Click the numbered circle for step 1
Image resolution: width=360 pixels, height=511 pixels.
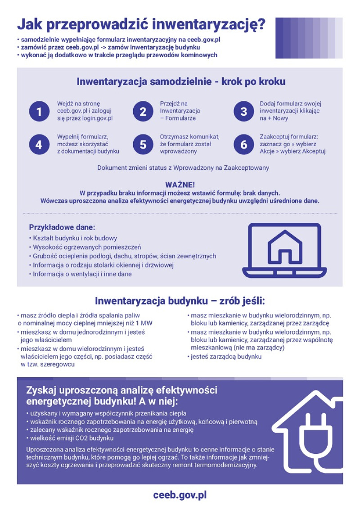(39, 111)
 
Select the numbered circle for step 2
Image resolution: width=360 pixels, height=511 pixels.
(143, 111)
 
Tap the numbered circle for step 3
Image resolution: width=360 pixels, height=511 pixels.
(243, 111)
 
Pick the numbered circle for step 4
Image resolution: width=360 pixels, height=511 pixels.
(39, 144)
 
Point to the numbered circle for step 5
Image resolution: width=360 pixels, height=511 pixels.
(143, 144)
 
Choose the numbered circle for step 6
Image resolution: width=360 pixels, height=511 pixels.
(243, 144)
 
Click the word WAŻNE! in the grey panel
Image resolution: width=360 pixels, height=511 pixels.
(180, 185)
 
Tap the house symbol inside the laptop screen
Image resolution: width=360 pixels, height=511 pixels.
(285, 247)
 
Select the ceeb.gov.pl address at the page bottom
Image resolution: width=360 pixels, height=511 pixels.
(180, 495)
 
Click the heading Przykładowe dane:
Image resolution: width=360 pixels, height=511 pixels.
(62, 227)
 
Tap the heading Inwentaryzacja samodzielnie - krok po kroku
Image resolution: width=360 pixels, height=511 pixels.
(180, 82)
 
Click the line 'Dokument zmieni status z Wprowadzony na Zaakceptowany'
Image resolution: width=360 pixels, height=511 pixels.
(183, 168)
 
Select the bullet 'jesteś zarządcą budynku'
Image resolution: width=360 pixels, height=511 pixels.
(226, 357)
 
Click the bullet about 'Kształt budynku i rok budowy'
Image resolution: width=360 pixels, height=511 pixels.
(75, 238)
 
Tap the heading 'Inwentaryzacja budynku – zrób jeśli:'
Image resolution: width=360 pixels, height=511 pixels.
(180, 301)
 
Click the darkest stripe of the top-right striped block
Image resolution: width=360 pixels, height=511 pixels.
(279, 38)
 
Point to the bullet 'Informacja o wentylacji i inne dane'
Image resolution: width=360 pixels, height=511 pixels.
(82, 274)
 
